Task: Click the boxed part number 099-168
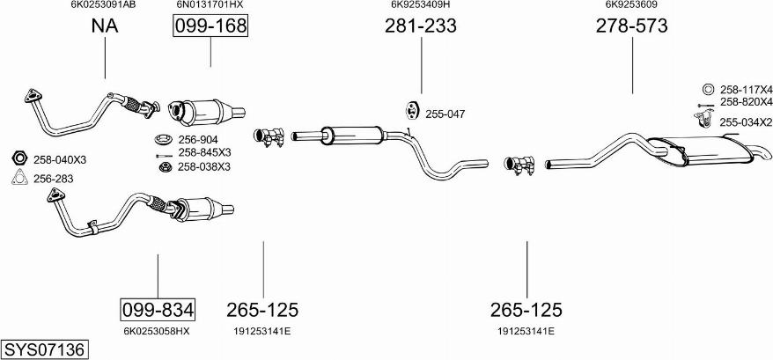210,26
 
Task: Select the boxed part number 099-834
158,310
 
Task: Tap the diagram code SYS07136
44,349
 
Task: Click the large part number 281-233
421,26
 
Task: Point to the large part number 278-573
632,26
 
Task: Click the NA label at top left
105,26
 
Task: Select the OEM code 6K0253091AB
104,4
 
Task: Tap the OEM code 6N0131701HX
210,4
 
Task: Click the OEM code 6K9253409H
421,4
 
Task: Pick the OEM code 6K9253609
631,4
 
